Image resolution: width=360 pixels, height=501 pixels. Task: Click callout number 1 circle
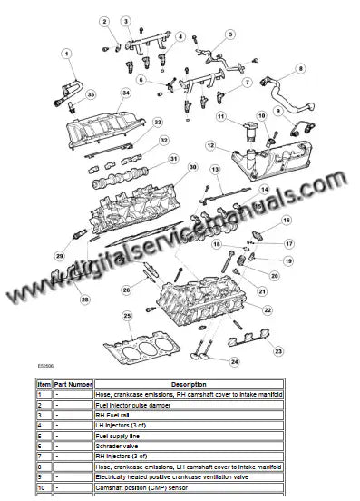(x=66, y=54)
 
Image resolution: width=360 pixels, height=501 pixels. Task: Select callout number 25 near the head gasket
(x=127, y=316)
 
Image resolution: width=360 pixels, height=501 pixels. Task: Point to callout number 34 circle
(x=126, y=93)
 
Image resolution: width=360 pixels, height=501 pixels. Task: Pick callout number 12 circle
(x=209, y=145)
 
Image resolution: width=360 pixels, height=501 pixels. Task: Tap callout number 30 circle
(x=192, y=167)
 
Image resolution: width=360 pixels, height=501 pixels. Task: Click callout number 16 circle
(x=287, y=221)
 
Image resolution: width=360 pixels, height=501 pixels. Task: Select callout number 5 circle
(x=230, y=34)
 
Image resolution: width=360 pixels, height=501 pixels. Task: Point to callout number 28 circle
(x=84, y=299)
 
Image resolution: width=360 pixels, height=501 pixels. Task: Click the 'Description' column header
(x=188, y=385)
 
